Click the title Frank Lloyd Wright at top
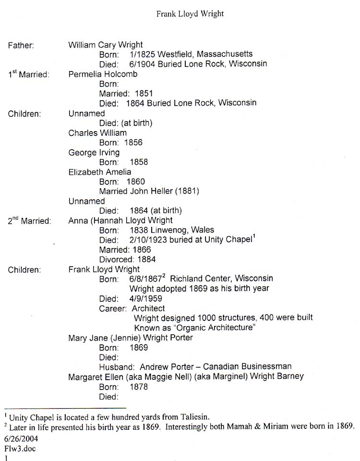190,13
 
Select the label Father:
21,46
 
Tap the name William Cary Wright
106,45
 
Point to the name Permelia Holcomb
103,74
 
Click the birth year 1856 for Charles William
133,143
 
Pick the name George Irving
94,152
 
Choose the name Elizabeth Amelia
100,172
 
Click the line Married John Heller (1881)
149,191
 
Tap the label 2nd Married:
29,221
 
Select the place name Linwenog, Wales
182,230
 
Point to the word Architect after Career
148,308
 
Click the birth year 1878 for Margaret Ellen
139,387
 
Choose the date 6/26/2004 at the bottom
21,438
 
